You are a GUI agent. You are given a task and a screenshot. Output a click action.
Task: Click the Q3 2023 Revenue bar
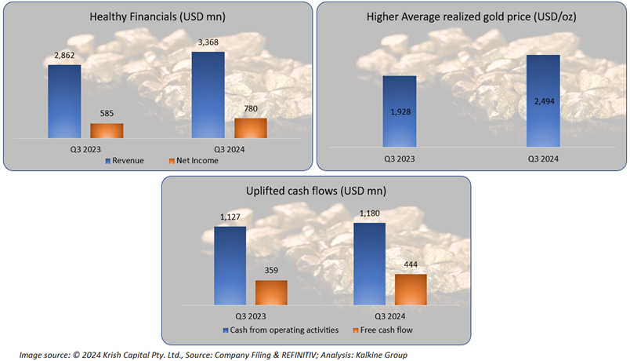pyautogui.click(x=64, y=101)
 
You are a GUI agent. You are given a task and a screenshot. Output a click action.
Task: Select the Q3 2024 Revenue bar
pyautogui.click(x=208, y=95)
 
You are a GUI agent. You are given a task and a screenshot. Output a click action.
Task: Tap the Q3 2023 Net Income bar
pyautogui.click(x=107, y=131)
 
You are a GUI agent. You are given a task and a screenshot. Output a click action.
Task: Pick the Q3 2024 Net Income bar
pyautogui.click(x=250, y=129)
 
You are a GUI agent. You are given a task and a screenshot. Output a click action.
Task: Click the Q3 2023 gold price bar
pyautogui.click(x=399, y=111)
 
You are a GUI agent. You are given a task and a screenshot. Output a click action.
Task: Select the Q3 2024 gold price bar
pyautogui.click(x=542, y=100)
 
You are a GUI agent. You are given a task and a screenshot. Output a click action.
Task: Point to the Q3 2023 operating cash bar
pyautogui.click(x=230, y=265)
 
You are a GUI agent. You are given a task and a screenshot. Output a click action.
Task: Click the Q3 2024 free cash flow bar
pyautogui.click(x=410, y=289)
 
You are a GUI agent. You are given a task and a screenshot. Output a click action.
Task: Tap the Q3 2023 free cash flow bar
pyautogui.click(x=271, y=292)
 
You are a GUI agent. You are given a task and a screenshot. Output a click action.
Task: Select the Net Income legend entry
pyautogui.click(x=193, y=160)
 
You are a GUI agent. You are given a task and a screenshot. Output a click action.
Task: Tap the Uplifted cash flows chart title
pyautogui.click(x=316, y=191)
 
